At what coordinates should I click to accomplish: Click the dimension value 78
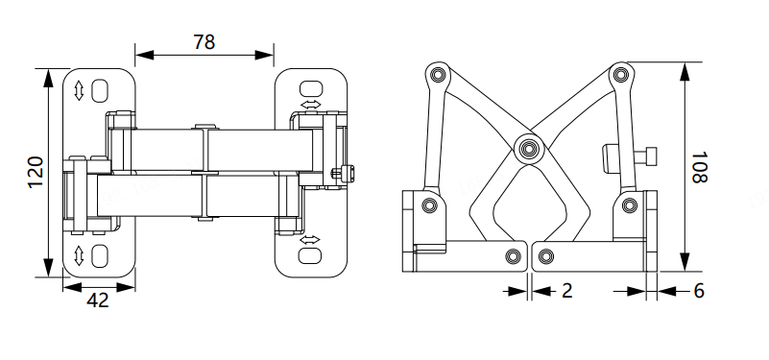(204, 42)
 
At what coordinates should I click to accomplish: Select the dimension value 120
(36, 172)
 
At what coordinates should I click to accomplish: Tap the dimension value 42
(98, 300)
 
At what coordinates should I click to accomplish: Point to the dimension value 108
(699, 167)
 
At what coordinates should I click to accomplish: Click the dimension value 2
(567, 291)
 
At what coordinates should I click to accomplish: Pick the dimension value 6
(699, 291)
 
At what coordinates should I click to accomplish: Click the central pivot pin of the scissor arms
(529, 148)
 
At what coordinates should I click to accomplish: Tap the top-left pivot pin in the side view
(438, 75)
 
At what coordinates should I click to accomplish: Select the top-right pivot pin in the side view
(620, 75)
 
